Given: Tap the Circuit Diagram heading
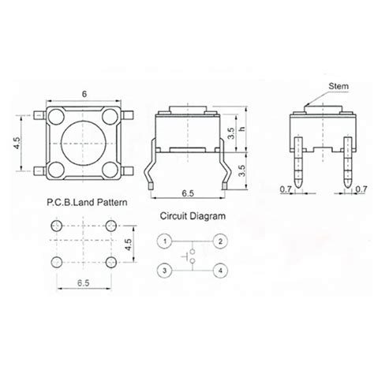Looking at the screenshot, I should [x=193, y=215].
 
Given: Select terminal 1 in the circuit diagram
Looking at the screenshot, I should [x=164, y=241].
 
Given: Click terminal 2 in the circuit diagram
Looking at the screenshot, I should [x=220, y=241].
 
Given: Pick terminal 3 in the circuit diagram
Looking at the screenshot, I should [x=164, y=271].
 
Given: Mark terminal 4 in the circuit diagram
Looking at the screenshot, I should [x=220, y=271].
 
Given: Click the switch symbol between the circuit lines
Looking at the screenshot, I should [x=192, y=256].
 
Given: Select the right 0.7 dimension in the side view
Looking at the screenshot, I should [x=361, y=189].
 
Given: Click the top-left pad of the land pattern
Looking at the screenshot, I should [x=54, y=226].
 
